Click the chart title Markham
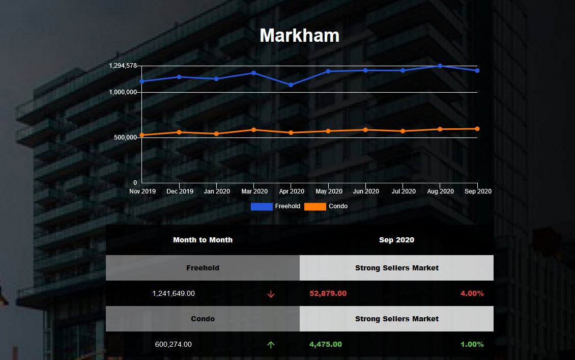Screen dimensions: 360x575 pyautogui.click(x=299, y=36)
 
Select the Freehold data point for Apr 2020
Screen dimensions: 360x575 pyautogui.click(x=291, y=85)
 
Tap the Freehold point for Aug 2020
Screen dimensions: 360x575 pyautogui.click(x=440, y=66)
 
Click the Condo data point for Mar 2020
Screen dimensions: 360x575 pyautogui.click(x=253, y=129)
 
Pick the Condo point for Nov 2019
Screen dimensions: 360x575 pyautogui.click(x=141, y=135)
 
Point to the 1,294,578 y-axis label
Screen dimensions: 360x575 pyautogui.click(x=123, y=66)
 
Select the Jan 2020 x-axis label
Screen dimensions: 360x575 pyautogui.click(x=216, y=191)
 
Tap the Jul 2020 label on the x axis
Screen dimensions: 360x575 pyautogui.click(x=402, y=191)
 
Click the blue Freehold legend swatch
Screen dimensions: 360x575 pyautogui.click(x=262, y=206)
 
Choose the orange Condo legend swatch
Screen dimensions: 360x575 pyautogui.click(x=315, y=206)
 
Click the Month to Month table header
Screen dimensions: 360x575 pyautogui.click(x=203, y=240)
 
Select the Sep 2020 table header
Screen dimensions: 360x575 pyautogui.click(x=396, y=240)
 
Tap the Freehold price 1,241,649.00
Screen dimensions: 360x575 pyautogui.click(x=174, y=293)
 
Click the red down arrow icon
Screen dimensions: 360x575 pyautogui.click(x=271, y=294)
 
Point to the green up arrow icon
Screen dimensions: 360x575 pyautogui.click(x=271, y=345)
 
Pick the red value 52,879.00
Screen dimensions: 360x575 pyautogui.click(x=328, y=293)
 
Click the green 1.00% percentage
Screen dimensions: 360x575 pyautogui.click(x=472, y=344)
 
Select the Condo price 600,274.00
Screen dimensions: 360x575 pyautogui.click(x=174, y=344)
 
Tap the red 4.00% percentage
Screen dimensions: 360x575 pyautogui.click(x=472, y=293)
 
